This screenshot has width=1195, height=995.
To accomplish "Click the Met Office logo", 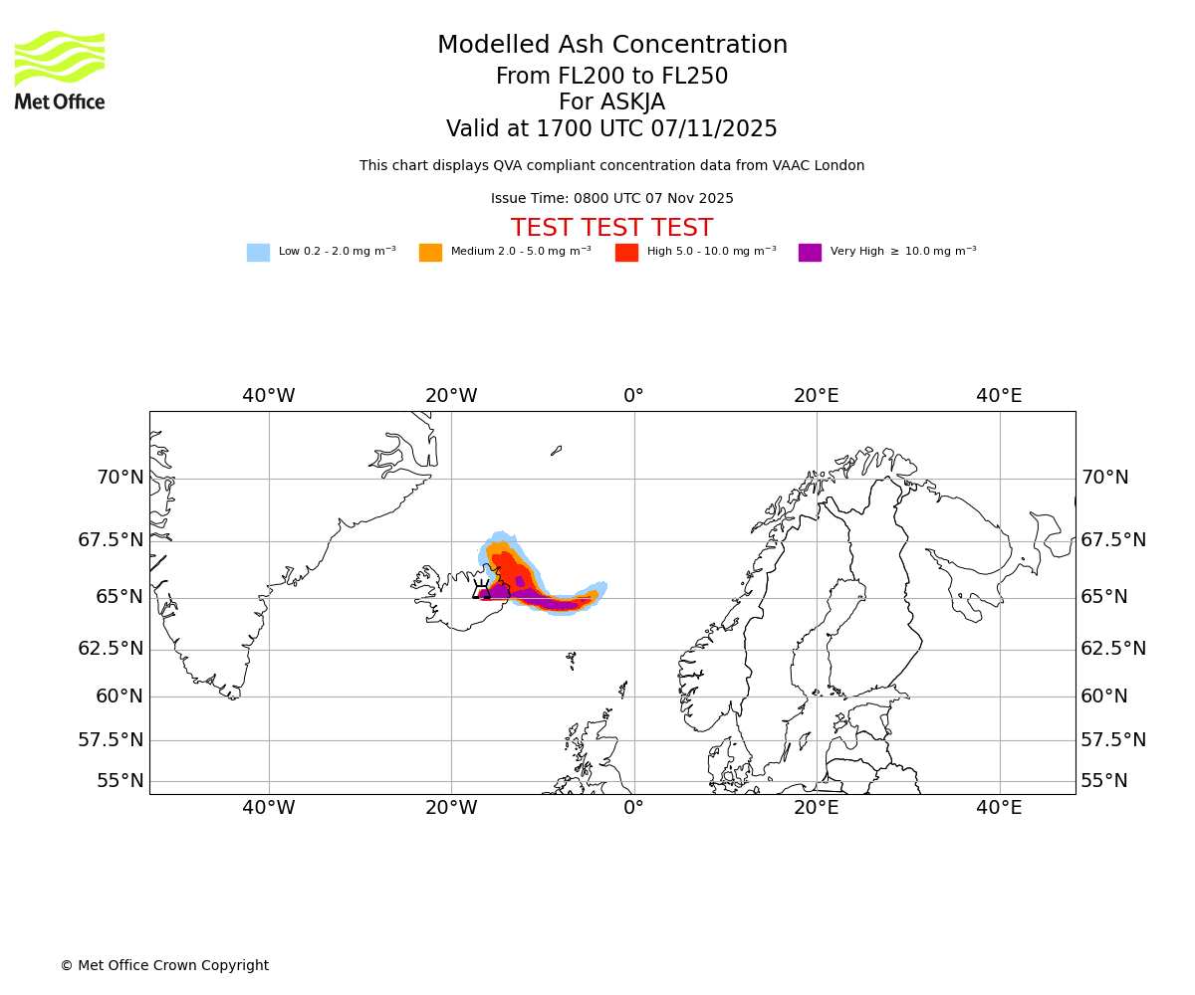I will click(x=60, y=70).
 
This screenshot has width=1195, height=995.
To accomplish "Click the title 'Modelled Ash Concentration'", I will click(x=612, y=46).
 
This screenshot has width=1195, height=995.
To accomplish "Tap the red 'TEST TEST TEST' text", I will click(x=611, y=228).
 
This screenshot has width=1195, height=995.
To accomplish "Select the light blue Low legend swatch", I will click(x=258, y=253).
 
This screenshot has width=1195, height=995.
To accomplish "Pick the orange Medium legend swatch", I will click(x=430, y=253).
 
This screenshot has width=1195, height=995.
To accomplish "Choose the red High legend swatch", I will click(x=626, y=253).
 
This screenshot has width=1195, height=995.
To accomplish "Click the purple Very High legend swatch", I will click(x=810, y=253).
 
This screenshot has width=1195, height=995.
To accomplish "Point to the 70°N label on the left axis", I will click(x=120, y=478).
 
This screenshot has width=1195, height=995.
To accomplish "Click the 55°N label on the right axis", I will click(x=1104, y=781).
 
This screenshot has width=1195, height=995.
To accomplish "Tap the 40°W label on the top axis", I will click(x=269, y=396).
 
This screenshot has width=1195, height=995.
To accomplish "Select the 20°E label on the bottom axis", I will click(x=817, y=808).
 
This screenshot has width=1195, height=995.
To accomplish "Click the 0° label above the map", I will click(x=633, y=396).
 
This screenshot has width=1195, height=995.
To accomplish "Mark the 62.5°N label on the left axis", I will click(x=111, y=649).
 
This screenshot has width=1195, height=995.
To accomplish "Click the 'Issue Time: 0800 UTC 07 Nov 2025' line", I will click(x=611, y=199).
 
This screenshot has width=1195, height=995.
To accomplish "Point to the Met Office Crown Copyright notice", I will click(x=164, y=966).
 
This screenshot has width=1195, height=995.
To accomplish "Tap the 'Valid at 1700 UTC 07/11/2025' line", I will click(x=611, y=129).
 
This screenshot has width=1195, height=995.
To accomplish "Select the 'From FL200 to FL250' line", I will click(x=611, y=77).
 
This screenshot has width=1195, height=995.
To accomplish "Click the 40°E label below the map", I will click(x=999, y=808).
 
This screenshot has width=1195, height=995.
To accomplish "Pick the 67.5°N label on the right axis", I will click(x=1113, y=540).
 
